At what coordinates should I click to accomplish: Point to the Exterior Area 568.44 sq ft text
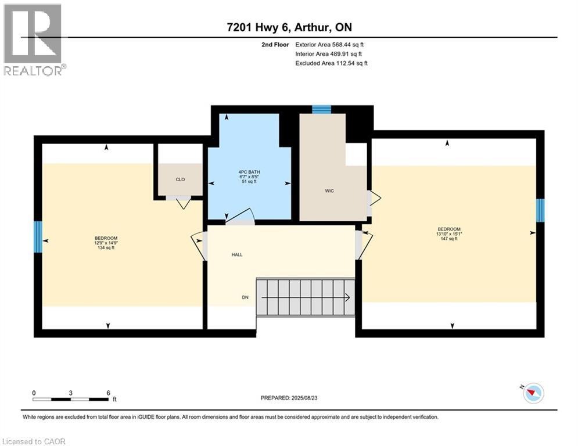pyautogui.click(x=329, y=44)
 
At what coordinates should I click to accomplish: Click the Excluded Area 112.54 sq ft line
pyautogui.click(x=331, y=63)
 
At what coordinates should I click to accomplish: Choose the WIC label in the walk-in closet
pyautogui.click(x=329, y=190)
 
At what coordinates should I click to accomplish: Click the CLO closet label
pyautogui.click(x=180, y=179)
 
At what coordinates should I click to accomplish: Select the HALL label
pyautogui.click(x=236, y=254)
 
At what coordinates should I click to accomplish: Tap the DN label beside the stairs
pyautogui.click(x=246, y=297)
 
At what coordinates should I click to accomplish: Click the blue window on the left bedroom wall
pyautogui.click(x=38, y=236)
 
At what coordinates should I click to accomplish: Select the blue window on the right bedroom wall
pyautogui.click(x=540, y=210)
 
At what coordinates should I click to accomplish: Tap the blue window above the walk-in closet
pyautogui.click(x=321, y=109)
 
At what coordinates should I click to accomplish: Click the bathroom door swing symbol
pyautogui.click(x=240, y=217)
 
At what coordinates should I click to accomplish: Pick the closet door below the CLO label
pyautogui.click(x=183, y=203)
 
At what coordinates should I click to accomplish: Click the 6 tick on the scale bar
pyautogui.click(x=108, y=393)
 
